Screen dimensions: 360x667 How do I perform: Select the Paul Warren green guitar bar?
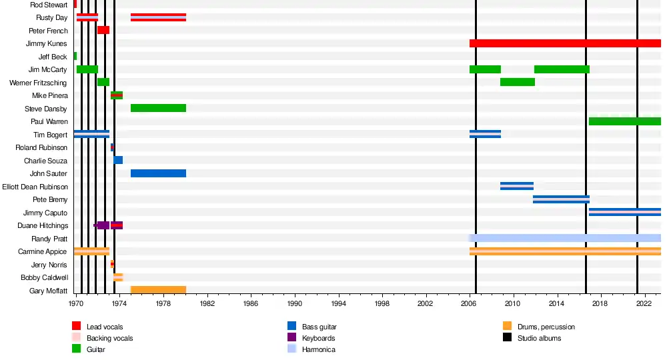coord(624,121)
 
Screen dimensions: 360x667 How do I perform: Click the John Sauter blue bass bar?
coord(158,173)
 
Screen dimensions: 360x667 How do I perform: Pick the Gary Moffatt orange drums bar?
coord(158,290)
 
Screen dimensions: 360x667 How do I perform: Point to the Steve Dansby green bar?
coord(158,108)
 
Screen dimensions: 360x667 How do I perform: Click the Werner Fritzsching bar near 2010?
coord(518,82)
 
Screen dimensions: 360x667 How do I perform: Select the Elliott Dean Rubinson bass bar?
coord(517,186)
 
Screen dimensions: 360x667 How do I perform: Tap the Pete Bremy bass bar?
coord(561,199)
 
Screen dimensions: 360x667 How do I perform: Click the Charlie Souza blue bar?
coord(118,160)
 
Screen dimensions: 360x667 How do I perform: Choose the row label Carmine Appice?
coord(45,252)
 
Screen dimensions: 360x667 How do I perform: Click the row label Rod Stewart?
coord(49,5)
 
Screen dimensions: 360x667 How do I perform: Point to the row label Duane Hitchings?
coord(43,226)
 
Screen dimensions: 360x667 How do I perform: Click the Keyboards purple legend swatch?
coord(291,338)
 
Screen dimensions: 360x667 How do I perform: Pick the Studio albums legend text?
coord(539,339)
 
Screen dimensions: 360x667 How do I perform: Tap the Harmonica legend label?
coord(318,350)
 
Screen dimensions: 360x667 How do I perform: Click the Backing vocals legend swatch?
coord(77,338)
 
